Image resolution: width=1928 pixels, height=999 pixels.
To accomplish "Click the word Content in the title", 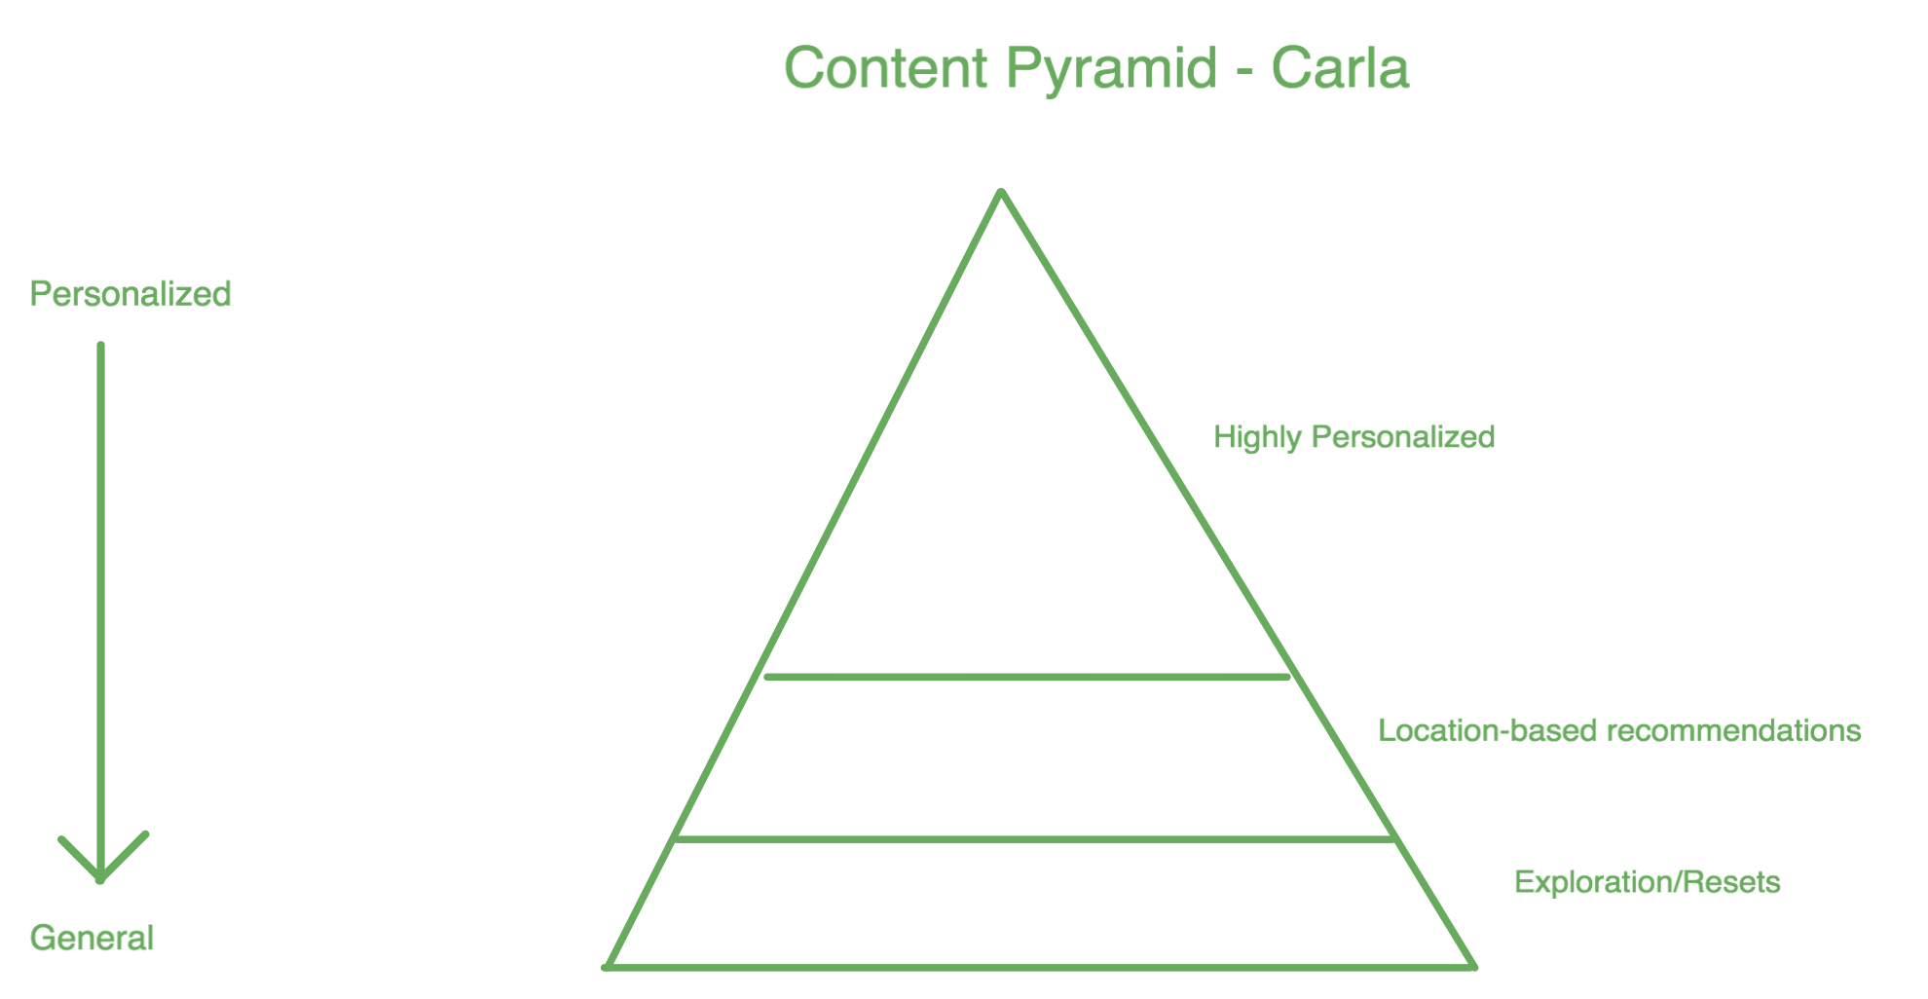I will [885, 68].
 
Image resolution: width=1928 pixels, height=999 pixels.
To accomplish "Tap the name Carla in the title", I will [1340, 68].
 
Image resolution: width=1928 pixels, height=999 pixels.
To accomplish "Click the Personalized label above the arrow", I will [130, 294].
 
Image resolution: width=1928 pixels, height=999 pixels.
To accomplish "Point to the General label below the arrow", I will [92, 938].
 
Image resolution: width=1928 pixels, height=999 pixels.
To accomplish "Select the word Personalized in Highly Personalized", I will [1403, 436].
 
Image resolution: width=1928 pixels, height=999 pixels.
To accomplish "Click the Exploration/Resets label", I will [1647, 882].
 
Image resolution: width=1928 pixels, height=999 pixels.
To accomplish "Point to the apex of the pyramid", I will [1002, 192].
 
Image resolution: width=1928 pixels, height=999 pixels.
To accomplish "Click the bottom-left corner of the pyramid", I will [608, 967].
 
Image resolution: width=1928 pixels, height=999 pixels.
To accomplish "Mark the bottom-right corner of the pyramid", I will [1473, 967].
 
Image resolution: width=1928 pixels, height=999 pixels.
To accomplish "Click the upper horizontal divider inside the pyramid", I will [1027, 676].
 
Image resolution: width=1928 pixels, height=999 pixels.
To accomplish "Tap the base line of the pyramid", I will [1040, 967].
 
